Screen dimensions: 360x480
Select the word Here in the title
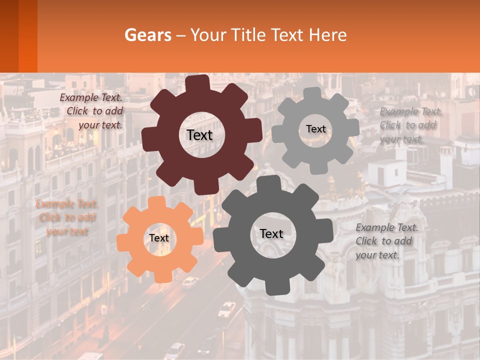(327, 35)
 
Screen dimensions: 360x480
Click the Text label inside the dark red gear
(199, 135)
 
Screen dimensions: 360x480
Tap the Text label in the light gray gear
(315, 129)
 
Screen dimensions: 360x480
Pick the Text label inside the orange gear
(158, 238)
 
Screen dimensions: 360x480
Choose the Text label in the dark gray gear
(271, 233)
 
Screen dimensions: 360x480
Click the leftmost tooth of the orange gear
(123, 240)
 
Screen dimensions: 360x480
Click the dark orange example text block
(67, 217)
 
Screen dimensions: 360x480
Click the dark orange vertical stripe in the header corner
(27, 36)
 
